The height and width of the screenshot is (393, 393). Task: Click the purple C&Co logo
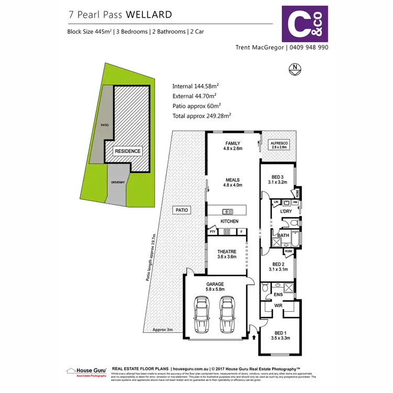[x=305, y=24]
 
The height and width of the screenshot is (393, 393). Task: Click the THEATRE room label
[x=227, y=252]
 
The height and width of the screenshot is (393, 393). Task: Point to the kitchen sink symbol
[x=227, y=211]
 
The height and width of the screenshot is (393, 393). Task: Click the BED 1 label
[x=281, y=333]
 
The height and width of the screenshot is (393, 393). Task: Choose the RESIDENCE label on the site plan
[x=127, y=151]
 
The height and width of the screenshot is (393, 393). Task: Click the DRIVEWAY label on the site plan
[x=118, y=182]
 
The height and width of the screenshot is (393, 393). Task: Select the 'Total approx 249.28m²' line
[x=202, y=115]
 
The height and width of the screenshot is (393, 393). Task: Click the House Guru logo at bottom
[x=87, y=371]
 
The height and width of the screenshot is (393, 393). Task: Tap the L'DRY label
[x=286, y=211]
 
